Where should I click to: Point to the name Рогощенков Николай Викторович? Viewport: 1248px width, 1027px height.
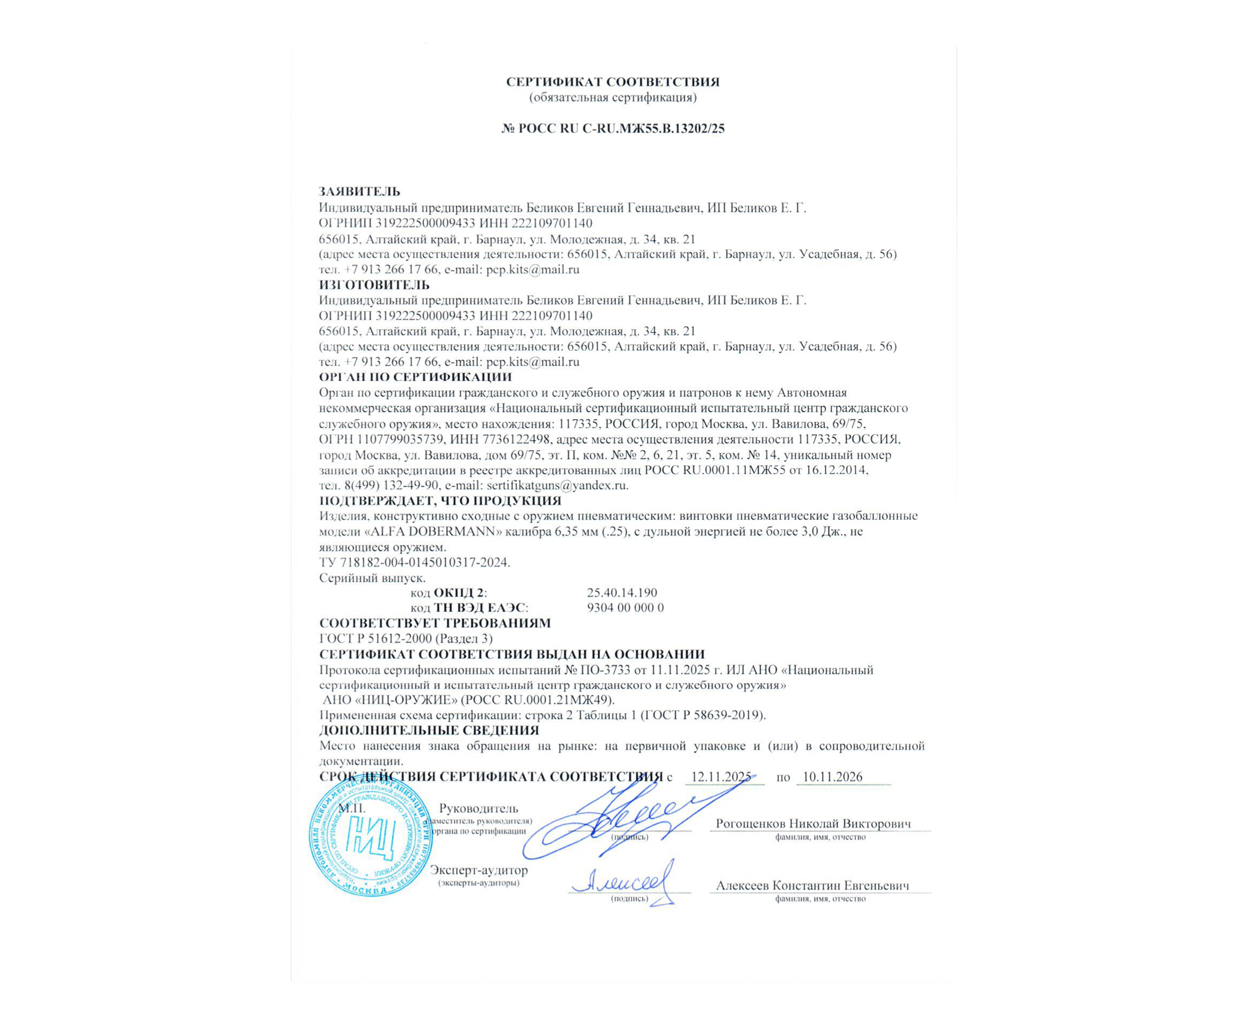pos(813,824)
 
